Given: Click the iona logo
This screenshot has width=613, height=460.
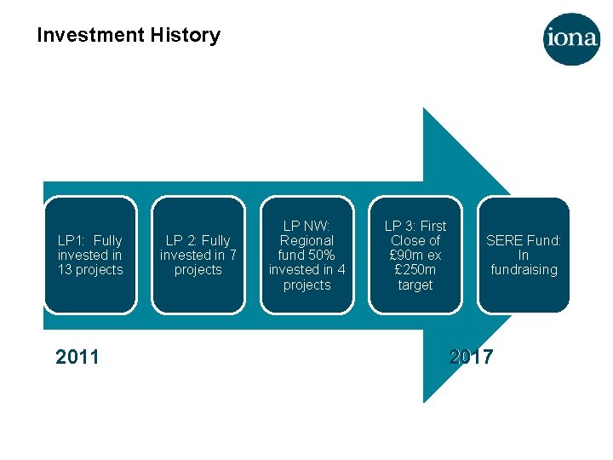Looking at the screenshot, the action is point(571,39).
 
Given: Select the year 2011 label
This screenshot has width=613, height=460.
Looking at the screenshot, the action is point(77,357).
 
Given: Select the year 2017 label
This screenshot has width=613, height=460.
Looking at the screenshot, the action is point(471,357).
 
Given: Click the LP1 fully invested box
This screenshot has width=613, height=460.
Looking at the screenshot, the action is point(90,255).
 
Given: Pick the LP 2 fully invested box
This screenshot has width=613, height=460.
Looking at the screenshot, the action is point(198,255).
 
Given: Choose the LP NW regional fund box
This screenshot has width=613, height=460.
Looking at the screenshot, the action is point(306,255).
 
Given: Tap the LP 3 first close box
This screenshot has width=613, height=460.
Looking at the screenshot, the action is point(415,255).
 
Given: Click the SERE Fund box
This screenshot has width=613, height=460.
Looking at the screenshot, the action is point(524,255).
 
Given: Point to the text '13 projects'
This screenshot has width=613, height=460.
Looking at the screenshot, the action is point(90,270).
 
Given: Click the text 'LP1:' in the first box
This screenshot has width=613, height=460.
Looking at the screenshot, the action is point(72,240).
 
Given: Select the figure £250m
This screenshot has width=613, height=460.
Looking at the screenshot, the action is point(415,270).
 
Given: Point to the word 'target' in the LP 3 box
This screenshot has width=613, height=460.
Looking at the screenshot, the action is point(415,285).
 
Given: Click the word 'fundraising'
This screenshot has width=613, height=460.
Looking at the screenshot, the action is point(524,270).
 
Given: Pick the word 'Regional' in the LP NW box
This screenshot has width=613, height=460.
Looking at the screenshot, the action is point(306,240).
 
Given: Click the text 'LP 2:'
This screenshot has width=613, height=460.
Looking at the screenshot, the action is point(181,240).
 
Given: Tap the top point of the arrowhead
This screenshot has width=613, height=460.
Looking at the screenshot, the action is point(424,109).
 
